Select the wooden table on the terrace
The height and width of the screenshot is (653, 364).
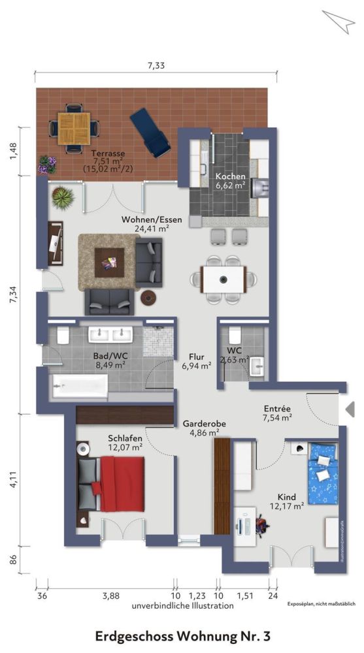(x=74, y=128)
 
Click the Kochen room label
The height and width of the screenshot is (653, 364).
(x=230, y=177)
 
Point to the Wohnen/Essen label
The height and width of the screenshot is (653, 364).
(x=152, y=220)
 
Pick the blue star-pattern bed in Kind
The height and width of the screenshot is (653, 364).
(x=323, y=473)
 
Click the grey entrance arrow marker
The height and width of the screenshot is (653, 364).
(x=350, y=409)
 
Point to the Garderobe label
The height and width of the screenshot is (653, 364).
(x=204, y=423)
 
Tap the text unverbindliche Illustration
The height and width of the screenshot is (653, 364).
(x=182, y=606)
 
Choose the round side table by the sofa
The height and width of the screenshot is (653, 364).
(x=149, y=297)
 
